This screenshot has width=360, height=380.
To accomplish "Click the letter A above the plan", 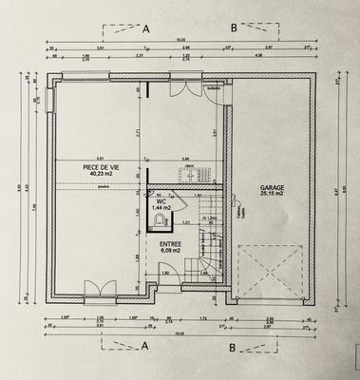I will [x=145, y=28].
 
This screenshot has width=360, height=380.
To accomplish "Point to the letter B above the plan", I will [x=234, y=28].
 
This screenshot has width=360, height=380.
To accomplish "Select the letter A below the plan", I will [x=145, y=348].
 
